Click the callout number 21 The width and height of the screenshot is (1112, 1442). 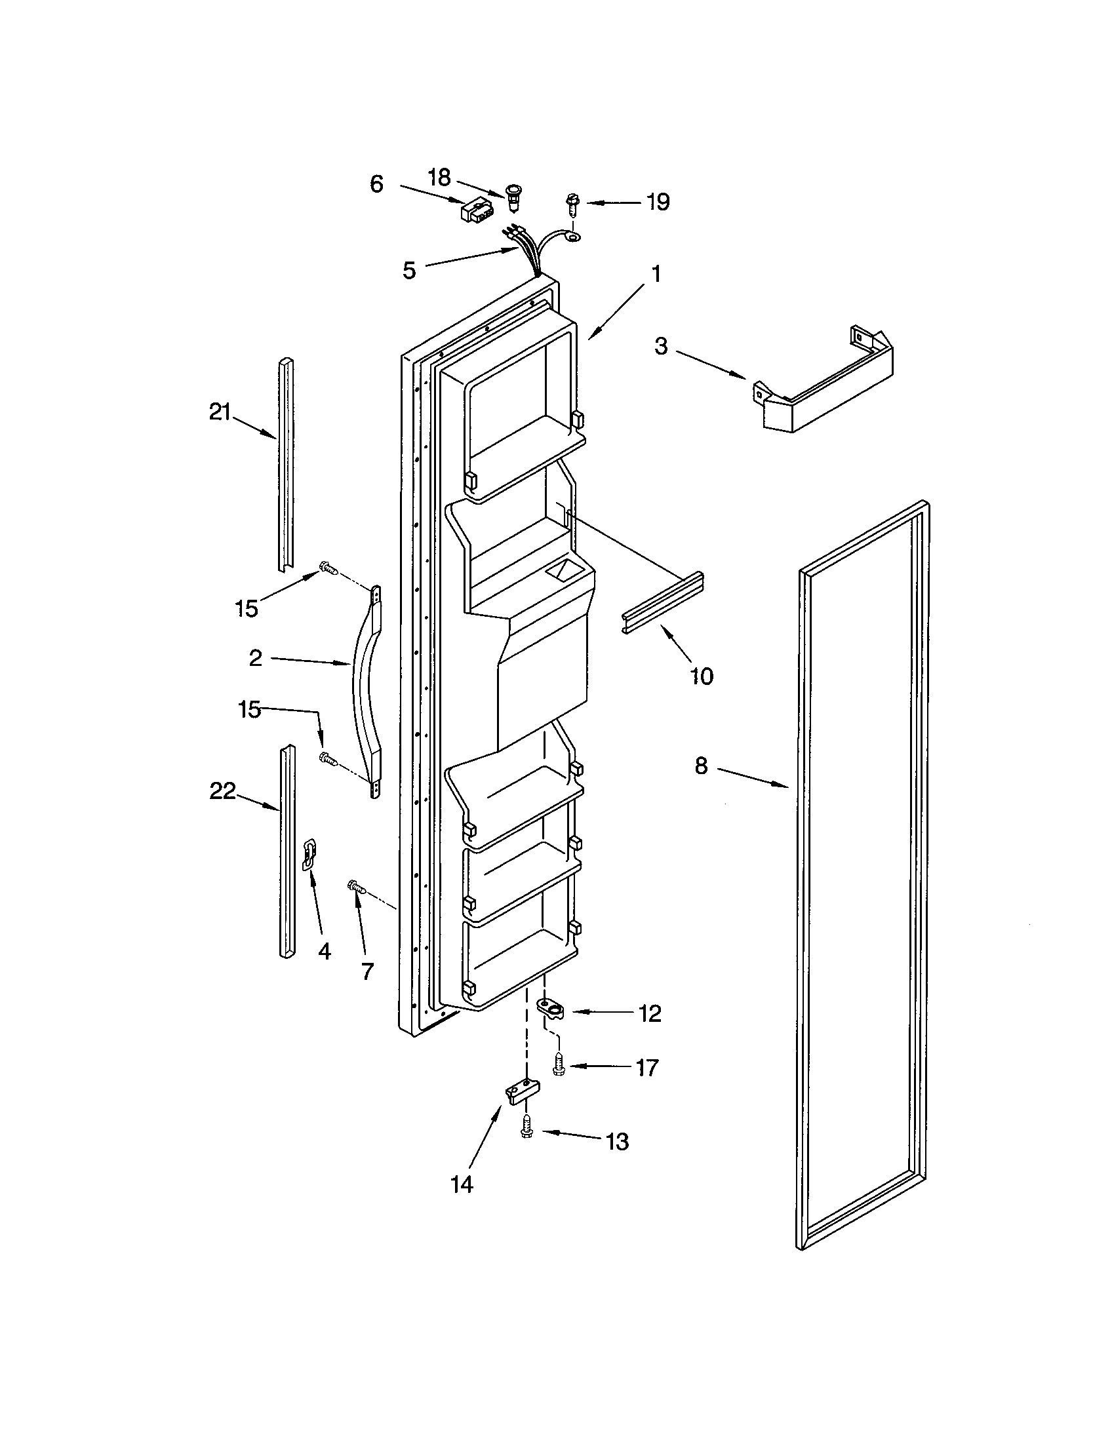point(219,413)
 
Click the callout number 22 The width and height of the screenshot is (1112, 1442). point(222,790)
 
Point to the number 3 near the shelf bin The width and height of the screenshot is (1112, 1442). point(661,346)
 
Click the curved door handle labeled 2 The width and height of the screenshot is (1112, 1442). point(367,693)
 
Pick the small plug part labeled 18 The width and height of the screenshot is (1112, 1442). point(513,197)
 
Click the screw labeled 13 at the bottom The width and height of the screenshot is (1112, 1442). point(526,1128)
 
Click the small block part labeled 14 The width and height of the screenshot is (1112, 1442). point(523,1090)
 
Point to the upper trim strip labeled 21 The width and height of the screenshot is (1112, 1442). point(285,462)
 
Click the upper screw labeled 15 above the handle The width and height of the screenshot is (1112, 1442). point(327,566)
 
